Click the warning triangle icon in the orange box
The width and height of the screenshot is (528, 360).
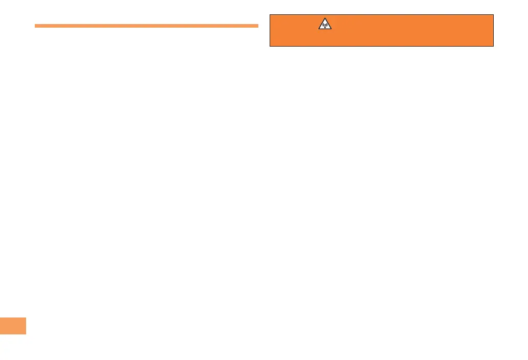point(325,24)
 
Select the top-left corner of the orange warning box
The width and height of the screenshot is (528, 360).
point(270,14)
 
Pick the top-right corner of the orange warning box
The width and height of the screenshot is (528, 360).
point(493,14)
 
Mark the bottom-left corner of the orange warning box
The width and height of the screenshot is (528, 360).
point(270,47)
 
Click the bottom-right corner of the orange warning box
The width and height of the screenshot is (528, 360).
point(493,47)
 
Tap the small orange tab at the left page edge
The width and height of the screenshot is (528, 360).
point(13,326)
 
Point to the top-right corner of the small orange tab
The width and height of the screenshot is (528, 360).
point(26,317)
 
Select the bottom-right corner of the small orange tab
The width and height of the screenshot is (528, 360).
point(26,334)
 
